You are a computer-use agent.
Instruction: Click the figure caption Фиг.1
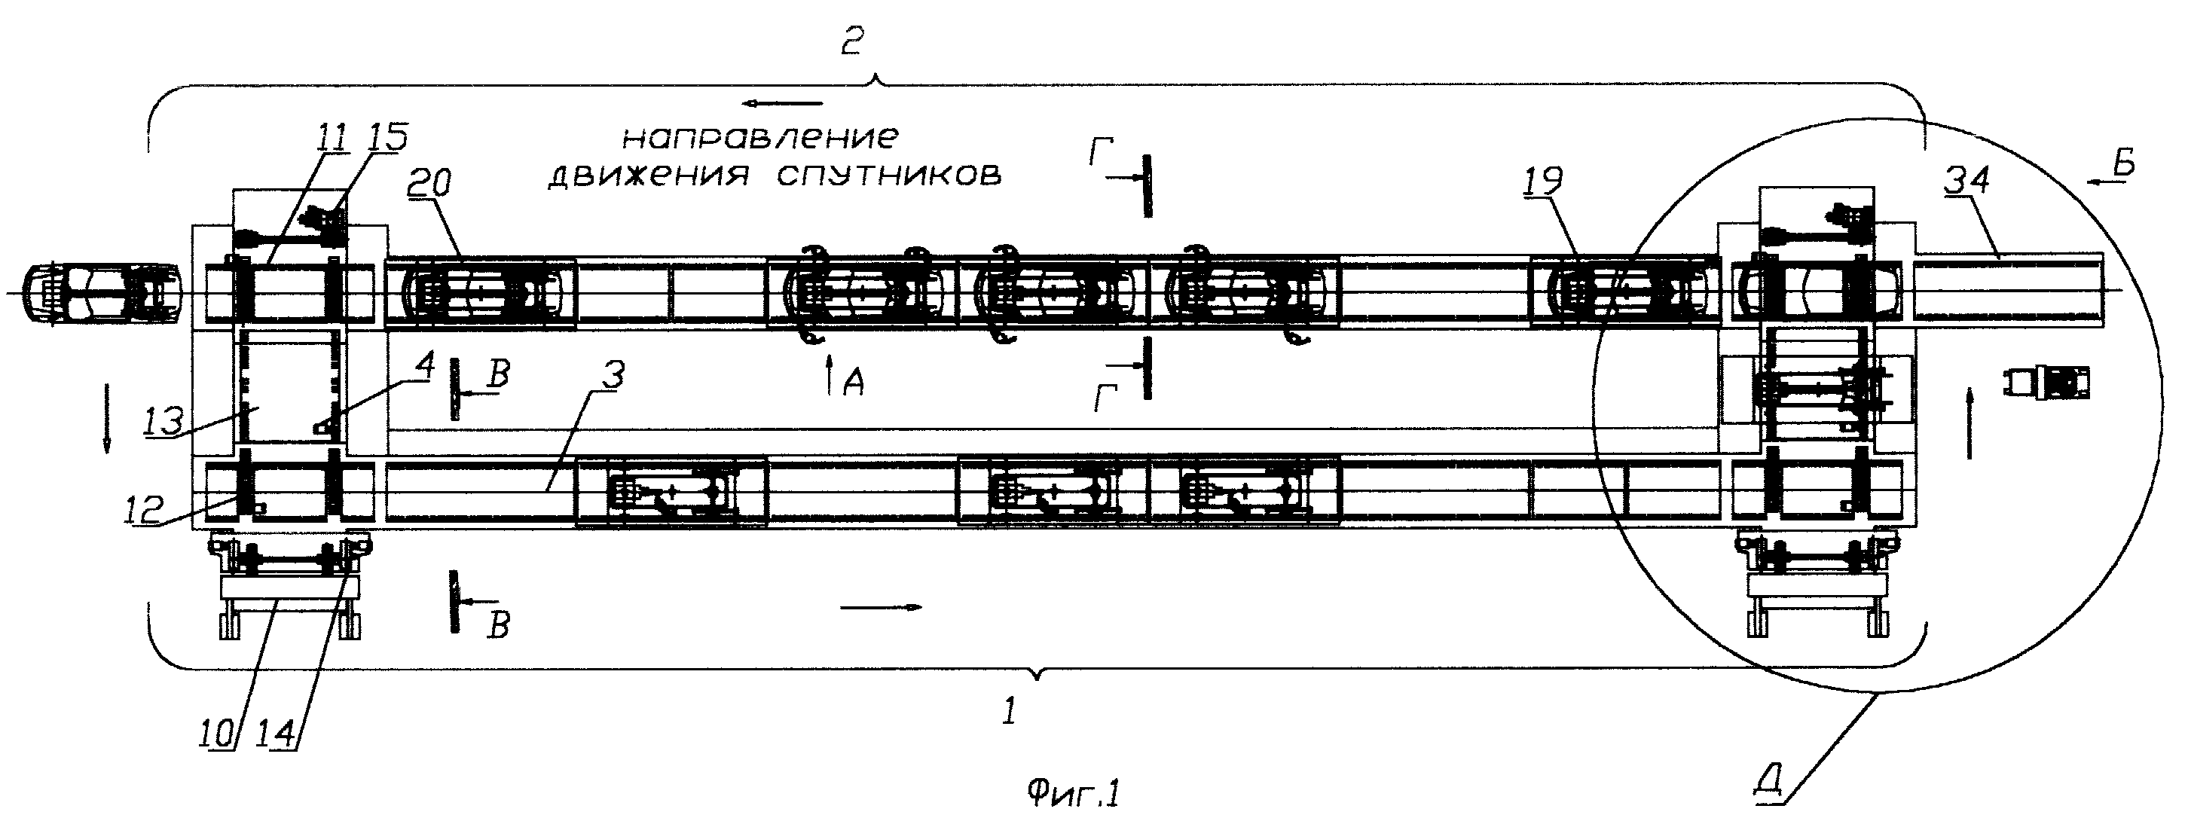pyautogui.click(x=1073, y=794)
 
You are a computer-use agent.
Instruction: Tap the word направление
pyautogui.click(x=759, y=139)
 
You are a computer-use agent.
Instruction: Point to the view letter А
pyautogui.click(x=853, y=385)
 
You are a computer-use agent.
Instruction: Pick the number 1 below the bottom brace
pyautogui.click(x=1009, y=711)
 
